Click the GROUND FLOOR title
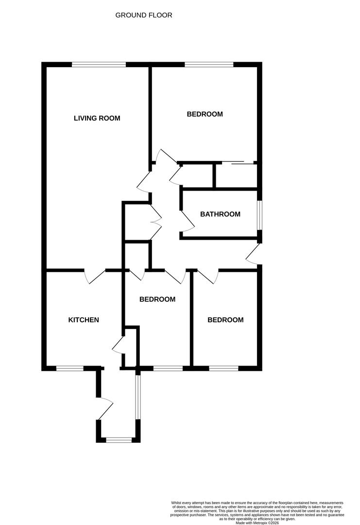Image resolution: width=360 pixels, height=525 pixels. pos(143,15)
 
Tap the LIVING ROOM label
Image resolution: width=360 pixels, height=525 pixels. pos(97,118)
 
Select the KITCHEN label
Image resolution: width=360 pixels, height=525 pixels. pos(84,320)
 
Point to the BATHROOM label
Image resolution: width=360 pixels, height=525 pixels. pos(220,214)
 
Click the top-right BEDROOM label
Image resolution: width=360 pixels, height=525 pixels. pos(205,114)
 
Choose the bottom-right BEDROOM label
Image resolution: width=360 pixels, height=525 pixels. pos(225,320)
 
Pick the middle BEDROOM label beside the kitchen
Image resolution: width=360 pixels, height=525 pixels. pos(157,299)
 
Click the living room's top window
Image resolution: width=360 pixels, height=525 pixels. pos(99,64)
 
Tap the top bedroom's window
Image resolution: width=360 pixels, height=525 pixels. pos(208,64)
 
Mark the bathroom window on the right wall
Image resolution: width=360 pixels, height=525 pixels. pos(259,215)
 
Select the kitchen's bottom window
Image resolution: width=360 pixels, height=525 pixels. pos(69,368)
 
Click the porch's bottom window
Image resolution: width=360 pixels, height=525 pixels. pos(119,440)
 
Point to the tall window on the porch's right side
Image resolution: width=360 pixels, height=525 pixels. pos(138,397)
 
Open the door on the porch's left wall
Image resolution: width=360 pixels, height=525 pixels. pos(105,408)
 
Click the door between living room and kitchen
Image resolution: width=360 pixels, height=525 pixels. pos(95,276)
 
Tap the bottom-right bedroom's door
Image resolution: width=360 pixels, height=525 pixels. pos(207,276)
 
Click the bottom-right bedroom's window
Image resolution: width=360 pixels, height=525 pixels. pos(223,368)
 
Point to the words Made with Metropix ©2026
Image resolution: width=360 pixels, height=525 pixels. pos(257,523)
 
